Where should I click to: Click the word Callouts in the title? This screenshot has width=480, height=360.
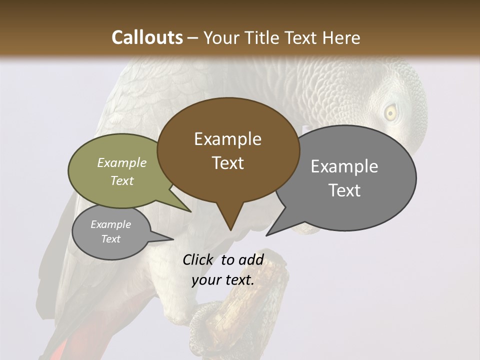pos(147,37)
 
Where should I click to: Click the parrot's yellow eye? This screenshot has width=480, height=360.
pos(390,113)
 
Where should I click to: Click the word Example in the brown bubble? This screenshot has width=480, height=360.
pos(227,139)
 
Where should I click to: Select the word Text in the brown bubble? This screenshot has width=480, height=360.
pos(228,163)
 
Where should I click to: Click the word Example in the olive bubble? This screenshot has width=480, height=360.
pos(122,162)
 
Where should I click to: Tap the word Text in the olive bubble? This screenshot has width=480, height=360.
pos(121,180)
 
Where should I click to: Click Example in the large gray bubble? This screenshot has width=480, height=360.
pos(344,166)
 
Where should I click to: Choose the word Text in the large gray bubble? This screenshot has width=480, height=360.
pos(345,190)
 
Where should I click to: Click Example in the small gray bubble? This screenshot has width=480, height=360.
pos(110,224)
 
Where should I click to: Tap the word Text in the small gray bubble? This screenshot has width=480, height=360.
pos(110,239)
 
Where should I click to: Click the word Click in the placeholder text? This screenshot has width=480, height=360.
pos(198,259)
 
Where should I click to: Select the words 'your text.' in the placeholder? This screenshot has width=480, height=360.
pos(222,280)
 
